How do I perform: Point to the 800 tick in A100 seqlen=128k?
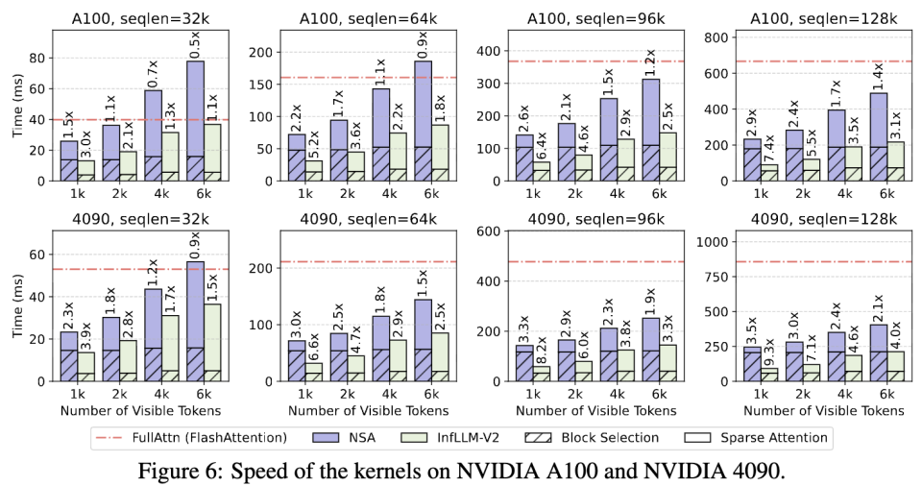click(x=713, y=36)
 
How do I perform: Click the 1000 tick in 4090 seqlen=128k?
click(x=709, y=241)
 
